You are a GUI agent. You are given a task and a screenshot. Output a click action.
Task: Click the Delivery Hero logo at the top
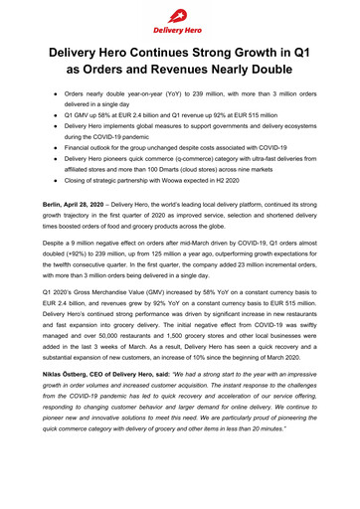coord(180,16)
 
